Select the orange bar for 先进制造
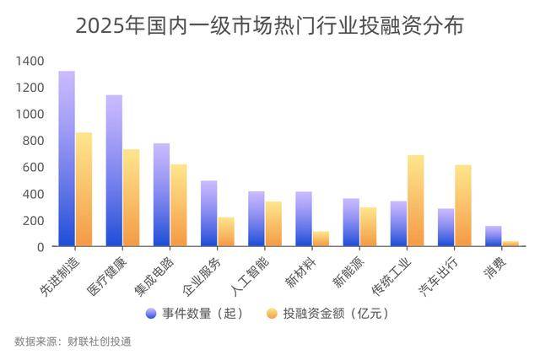click(x=84, y=189)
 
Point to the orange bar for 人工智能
click(x=273, y=223)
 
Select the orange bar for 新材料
click(x=321, y=239)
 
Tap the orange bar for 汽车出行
click(x=462, y=206)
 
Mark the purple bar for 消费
click(x=494, y=236)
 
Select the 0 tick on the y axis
click(x=39, y=246)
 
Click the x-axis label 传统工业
click(x=405, y=273)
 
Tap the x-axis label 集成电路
click(x=168, y=273)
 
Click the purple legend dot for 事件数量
click(x=151, y=314)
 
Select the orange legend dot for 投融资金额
click(x=272, y=314)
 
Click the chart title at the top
click(x=270, y=25)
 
